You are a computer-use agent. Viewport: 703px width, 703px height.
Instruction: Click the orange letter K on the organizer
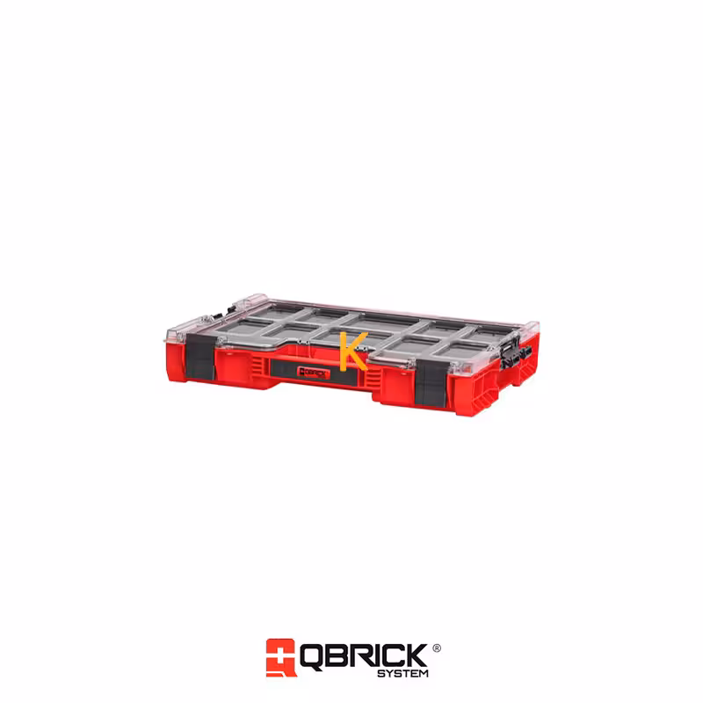[353, 351]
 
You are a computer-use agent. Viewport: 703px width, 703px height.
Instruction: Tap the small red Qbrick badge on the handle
[314, 372]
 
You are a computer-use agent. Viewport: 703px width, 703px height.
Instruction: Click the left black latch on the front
[200, 356]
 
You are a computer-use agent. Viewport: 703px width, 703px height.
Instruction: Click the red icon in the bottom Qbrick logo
[280, 657]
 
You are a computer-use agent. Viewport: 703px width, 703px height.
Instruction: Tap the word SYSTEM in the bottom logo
[402, 673]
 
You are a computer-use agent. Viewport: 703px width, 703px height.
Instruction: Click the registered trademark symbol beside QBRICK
[436, 648]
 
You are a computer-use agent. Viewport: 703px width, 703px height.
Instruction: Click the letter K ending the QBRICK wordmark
[415, 655]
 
